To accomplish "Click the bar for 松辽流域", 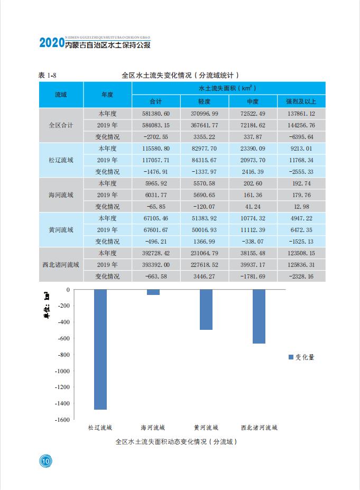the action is click(100, 349).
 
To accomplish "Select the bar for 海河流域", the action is click(153, 292).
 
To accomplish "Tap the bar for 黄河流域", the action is click(206, 310).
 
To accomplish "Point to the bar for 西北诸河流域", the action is click(259, 317).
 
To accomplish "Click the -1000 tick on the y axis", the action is click(62, 371).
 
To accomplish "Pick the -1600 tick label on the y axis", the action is click(62, 420).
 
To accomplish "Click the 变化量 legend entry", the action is click(301, 357).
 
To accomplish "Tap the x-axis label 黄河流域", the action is click(206, 428).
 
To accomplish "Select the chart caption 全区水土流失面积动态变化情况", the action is click(161, 441).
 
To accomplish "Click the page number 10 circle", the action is click(45, 461).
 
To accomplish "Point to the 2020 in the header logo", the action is click(52, 42).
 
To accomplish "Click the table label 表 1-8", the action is click(47, 75).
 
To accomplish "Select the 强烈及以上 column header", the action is click(301, 101).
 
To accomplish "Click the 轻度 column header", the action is click(205, 101).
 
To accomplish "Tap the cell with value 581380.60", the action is click(156, 114).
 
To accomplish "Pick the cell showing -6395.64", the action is click(301, 137).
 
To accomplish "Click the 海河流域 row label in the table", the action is click(61, 195).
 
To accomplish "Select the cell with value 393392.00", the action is click(156, 265).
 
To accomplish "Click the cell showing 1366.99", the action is click(205, 242).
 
